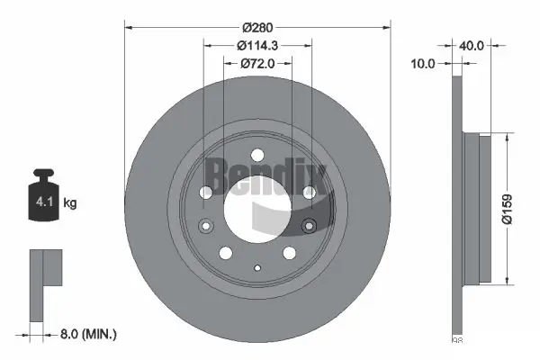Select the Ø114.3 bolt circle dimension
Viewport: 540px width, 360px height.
click(x=256, y=45)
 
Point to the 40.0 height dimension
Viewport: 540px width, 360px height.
click(x=472, y=42)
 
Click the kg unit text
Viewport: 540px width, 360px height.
click(x=71, y=203)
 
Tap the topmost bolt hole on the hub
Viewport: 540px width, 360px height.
click(x=256, y=154)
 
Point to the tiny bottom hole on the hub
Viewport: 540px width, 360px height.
click(x=256, y=266)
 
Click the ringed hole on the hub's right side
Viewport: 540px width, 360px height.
click(x=310, y=225)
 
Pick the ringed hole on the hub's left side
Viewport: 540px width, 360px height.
click(x=203, y=225)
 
